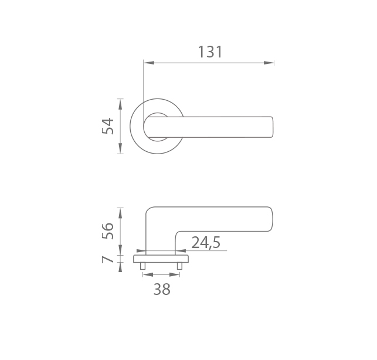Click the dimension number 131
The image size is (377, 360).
point(210,52)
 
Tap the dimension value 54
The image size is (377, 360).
point(107,126)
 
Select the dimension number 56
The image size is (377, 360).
point(107,231)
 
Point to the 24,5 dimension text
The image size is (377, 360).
point(206,243)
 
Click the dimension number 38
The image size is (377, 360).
point(162,289)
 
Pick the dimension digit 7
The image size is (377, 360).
point(107,259)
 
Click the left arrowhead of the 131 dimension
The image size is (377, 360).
point(149,63)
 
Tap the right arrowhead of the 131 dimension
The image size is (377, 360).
point(269,63)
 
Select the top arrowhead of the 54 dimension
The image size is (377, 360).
point(120,104)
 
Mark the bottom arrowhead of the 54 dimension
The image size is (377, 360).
point(120,148)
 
